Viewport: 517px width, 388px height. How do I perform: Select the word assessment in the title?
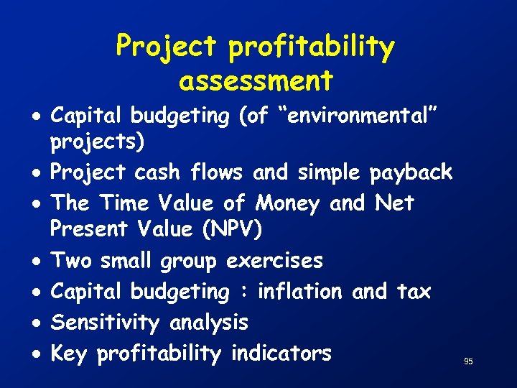pyautogui.click(x=256, y=80)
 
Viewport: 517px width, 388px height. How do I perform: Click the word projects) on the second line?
pyautogui.click(x=97, y=142)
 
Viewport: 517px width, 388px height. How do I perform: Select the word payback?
pyautogui.click(x=411, y=172)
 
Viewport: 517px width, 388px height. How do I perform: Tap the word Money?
pyautogui.click(x=287, y=203)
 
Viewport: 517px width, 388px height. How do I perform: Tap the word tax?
pyautogui.click(x=413, y=291)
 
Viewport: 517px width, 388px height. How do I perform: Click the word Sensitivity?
pyautogui.click(x=106, y=323)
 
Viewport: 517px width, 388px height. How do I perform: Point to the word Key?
pyautogui.click(x=70, y=354)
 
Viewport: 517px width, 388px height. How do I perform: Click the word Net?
pyautogui.click(x=394, y=203)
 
